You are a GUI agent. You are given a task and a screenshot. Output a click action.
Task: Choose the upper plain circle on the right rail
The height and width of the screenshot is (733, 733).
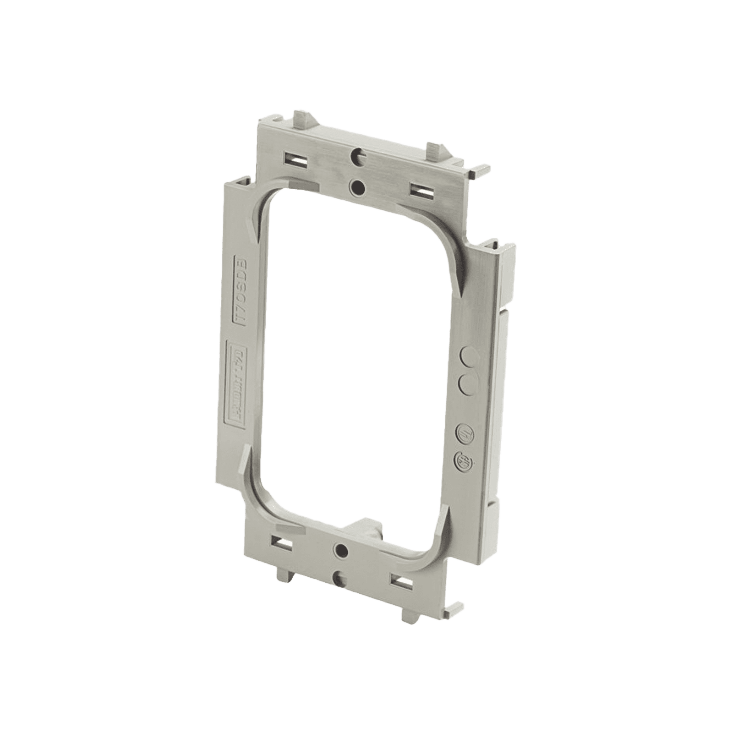tap(466, 355)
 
